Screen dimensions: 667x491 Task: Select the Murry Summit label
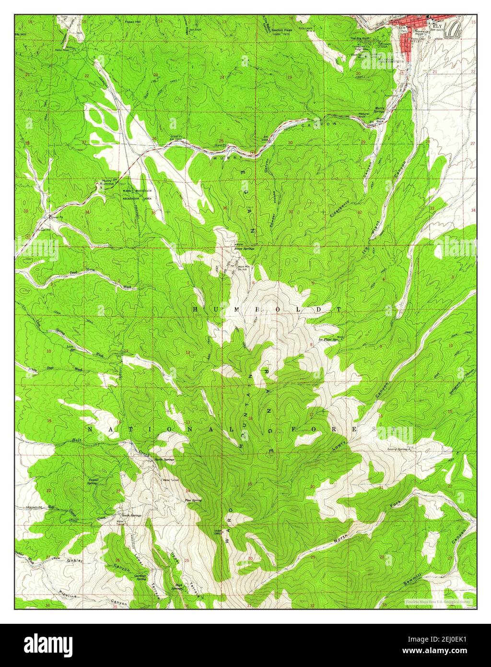[x=106, y=183]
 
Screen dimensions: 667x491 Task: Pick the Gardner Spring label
[x=140, y=577]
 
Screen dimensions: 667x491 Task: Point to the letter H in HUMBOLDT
[x=195, y=310]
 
